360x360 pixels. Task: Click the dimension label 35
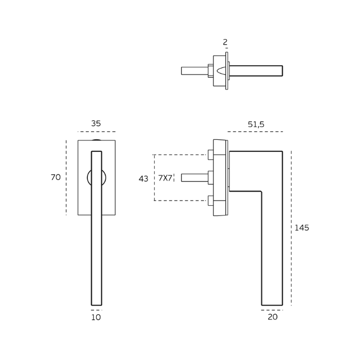click(x=96, y=124)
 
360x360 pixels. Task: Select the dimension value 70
click(x=56, y=177)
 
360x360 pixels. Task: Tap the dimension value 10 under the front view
click(x=96, y=318)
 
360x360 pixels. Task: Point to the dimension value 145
click(x=302, y=228)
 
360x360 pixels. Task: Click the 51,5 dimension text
click(x=256, y=124)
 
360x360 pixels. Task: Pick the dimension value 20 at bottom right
click(x=273, y=317)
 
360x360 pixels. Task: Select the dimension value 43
click(x=143, y=179)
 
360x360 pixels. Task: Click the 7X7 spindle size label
click(x=165, y=178)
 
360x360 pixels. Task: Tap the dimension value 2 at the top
click(x=225, y=42)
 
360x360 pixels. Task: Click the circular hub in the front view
click(x=89, y=178)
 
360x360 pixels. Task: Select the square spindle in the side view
click(x=194, y=177)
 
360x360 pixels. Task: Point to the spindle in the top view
click(x=194, y=70)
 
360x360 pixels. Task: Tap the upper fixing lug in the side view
click(x=210, y=155)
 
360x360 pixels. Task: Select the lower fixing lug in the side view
click(x=210, y=201)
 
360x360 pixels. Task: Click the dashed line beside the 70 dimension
click(x=66, y=177)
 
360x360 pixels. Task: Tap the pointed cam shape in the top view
click(x=222, y=70)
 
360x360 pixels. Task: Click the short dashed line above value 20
click(x=272, y=310)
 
